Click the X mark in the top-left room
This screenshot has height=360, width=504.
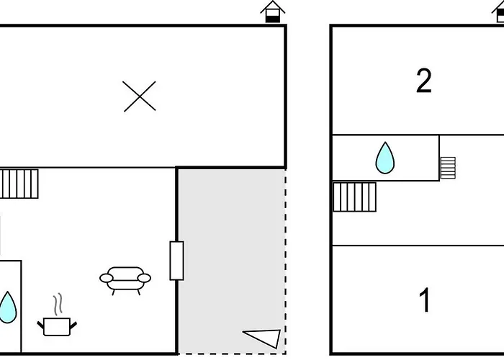tap(140, 96)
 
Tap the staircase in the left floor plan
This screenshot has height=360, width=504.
tap(19, 184)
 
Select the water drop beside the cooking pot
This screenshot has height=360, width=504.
tap(7, 307)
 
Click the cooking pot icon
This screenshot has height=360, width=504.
tap(57, 327)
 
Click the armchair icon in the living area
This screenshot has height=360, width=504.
tap(125, 279)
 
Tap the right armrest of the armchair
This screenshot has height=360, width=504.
tap(145, 278)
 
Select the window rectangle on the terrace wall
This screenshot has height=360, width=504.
tap(176, 261)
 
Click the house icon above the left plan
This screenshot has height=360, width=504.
tap(273, 12)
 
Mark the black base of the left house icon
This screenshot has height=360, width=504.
tap(273, 17)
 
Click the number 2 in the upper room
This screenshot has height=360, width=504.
tap(424, 81)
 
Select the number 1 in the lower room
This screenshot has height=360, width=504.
tap(425, 300)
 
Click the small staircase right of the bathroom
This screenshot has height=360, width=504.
tap(448, 168)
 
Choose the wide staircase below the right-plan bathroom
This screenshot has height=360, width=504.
tap(355, 197)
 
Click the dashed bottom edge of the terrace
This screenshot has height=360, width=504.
tap(230, 354)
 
